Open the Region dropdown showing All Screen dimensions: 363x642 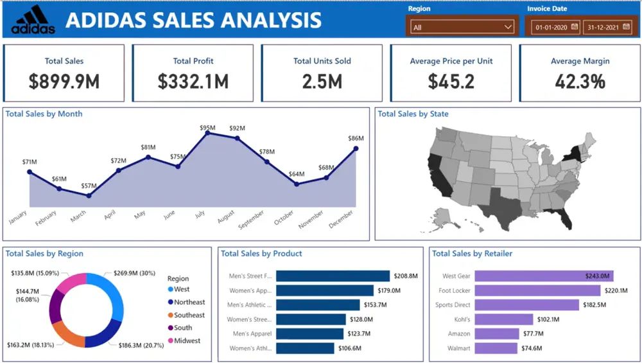click(462, 27)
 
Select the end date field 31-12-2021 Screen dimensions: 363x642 click(607, 27)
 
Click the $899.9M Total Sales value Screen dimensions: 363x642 click(64, 81)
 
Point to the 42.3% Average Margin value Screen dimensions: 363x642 click(580, 81)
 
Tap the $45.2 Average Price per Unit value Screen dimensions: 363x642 click(451, 81)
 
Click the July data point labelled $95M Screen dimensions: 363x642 click(207, 133)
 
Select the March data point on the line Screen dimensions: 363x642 click(89, 195)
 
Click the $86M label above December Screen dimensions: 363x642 click(356, 138)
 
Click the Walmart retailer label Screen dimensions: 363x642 click(459, 348)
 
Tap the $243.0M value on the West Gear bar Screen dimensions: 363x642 click(597, 276)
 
